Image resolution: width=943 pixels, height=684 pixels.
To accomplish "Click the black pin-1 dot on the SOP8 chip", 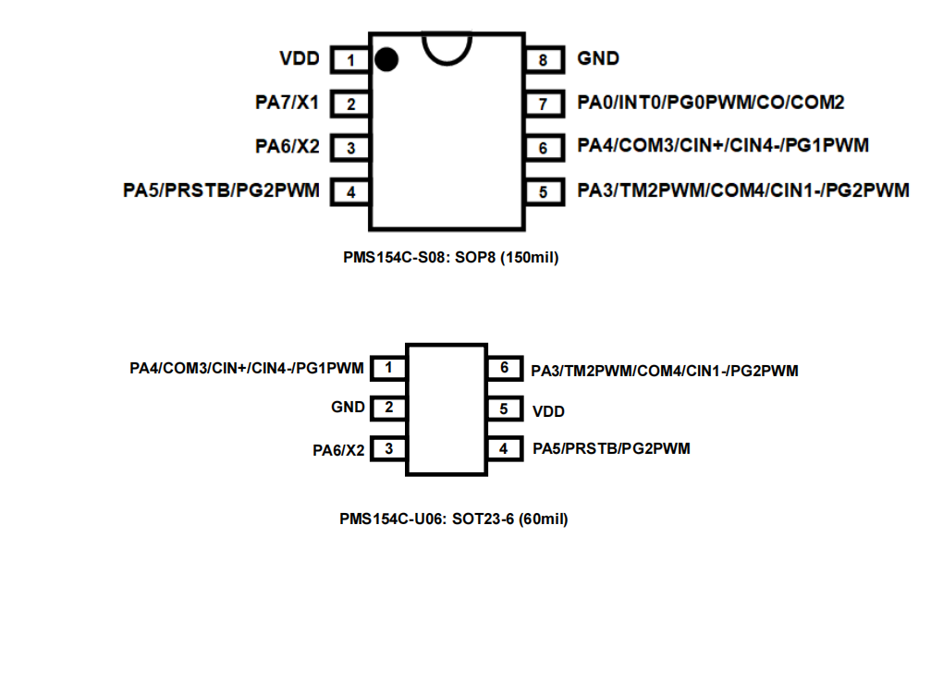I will point(386,60).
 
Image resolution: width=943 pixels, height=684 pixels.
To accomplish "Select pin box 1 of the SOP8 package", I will point(350,61).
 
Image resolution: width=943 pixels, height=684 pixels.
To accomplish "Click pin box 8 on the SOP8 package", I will point(544,61).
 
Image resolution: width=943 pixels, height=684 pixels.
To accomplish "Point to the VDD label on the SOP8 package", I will point(299,59).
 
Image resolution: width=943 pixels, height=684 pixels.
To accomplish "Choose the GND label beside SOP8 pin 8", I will point(598,59).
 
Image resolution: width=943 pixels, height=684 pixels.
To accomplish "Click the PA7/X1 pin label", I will point(287,103).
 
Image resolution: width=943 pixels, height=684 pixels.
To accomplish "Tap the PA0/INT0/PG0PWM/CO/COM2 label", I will point(711,103).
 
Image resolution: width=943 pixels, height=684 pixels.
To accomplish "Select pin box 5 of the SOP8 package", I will point(544,192).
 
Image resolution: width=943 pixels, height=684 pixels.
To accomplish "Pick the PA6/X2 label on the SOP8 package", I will point(287,146).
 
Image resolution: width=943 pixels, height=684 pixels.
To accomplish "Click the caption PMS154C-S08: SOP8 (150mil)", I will point(450,258).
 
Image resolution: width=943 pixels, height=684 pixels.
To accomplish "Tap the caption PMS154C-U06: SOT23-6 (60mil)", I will point(453,519).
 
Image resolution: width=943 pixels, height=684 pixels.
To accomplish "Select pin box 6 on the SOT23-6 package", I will point(504,368).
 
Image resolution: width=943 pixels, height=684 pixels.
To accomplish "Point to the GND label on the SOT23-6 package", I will point(349,407).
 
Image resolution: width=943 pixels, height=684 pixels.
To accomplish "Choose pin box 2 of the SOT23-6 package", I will point(388,408).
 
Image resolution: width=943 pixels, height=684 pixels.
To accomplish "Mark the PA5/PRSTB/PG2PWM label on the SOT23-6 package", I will point(611,449).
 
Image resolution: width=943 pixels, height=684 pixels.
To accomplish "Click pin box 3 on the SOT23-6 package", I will point(388,449).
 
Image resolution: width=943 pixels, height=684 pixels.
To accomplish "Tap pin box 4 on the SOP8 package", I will point(350,192).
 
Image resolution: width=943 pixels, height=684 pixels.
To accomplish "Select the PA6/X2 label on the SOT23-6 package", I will point(338,451).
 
